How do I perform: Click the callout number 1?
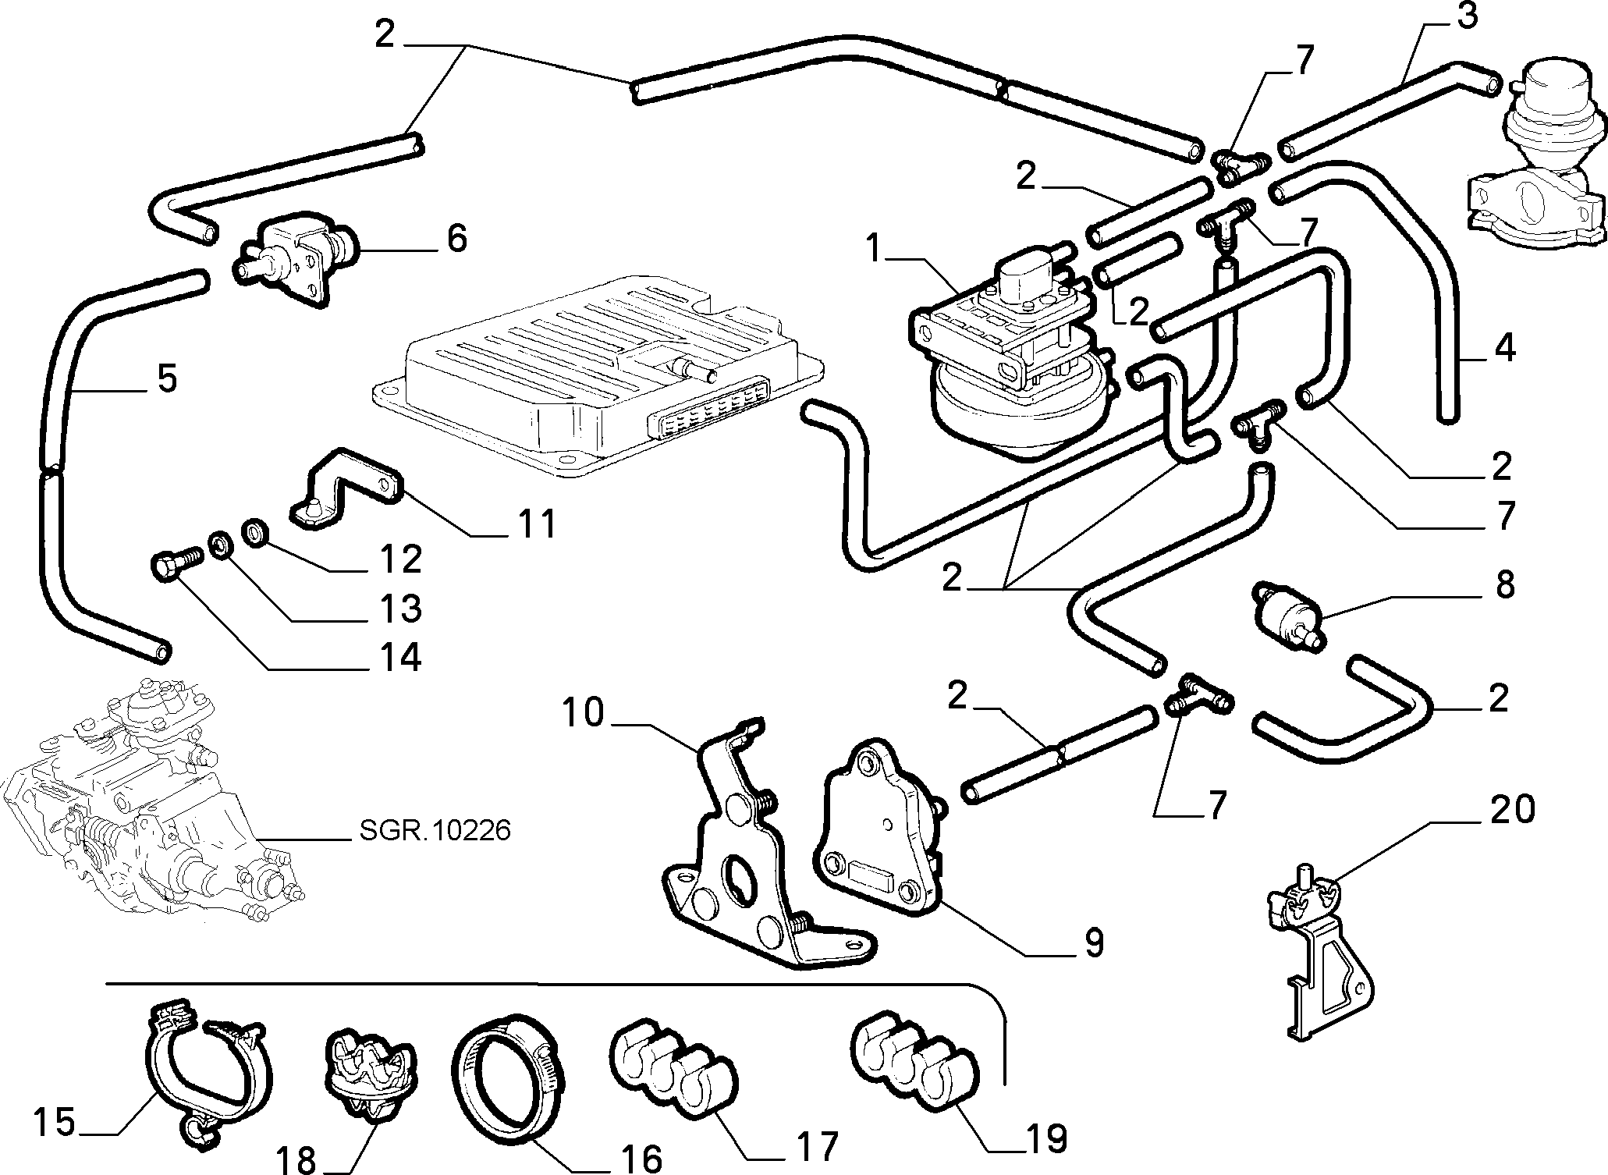875,250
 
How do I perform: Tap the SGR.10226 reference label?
435,830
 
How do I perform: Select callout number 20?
1510,809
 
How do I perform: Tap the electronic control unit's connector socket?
706,417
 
